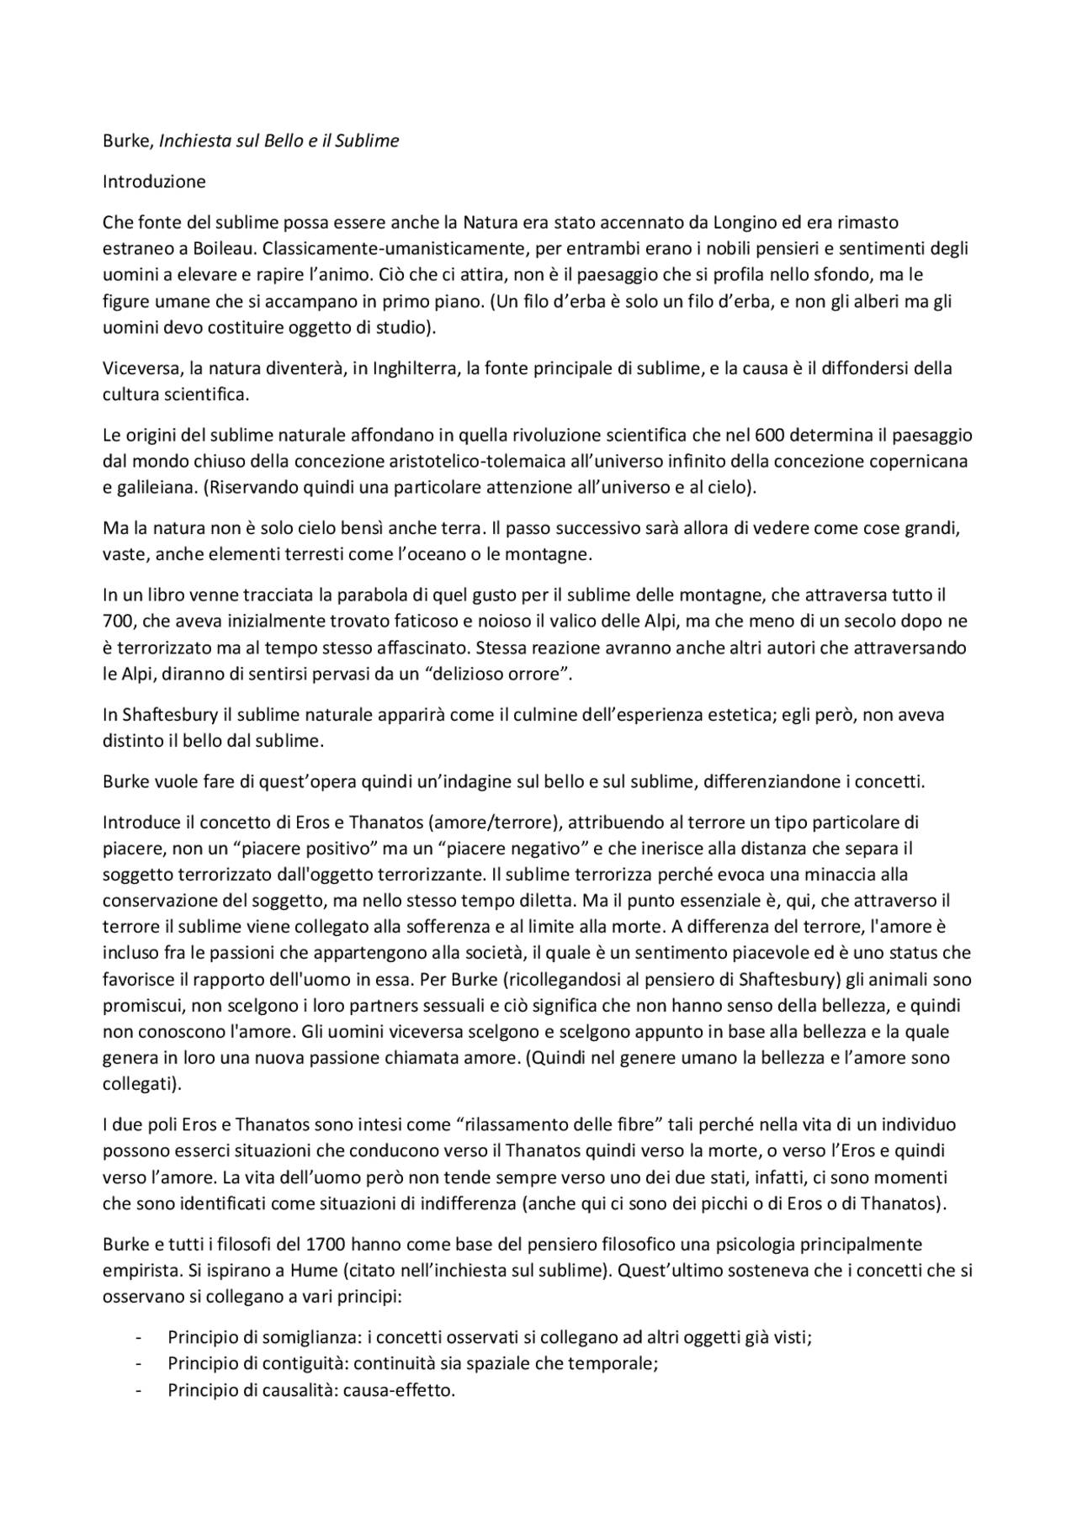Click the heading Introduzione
[x=154, y=181]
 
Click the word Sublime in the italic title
[x=366, y=140]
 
